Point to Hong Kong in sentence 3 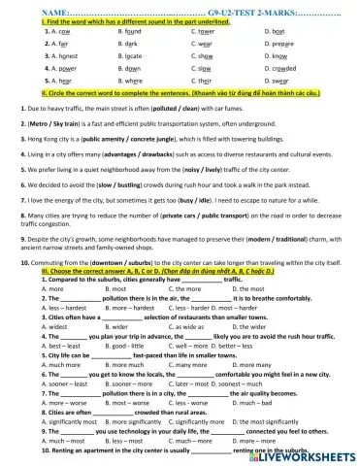[43, 140]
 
